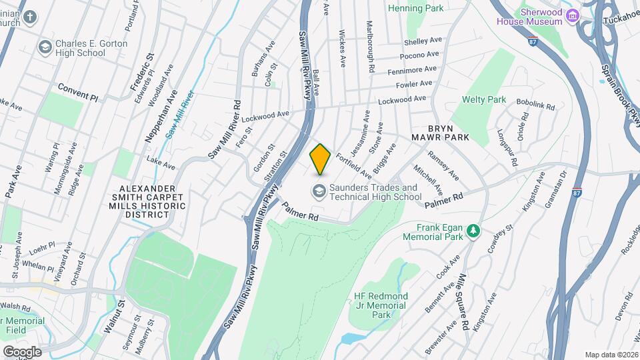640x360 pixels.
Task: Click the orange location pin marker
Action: tap(321, 159)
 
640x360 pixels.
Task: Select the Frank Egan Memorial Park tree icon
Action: tap(473, 231)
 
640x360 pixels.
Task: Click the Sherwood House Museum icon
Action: tap(571, 15)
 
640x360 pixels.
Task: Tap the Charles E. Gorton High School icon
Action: tap(45, 47)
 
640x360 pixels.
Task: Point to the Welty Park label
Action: tap(484, 100)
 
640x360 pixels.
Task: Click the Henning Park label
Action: tap(415, 8)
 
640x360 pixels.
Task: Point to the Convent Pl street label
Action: tap(77, 92)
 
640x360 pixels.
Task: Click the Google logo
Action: tap(21, 351)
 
